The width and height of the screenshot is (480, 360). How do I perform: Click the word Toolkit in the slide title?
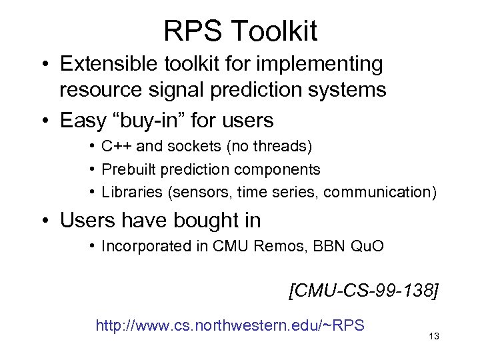276,31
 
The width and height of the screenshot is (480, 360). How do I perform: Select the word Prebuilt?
127,169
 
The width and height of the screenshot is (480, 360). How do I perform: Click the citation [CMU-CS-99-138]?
363,291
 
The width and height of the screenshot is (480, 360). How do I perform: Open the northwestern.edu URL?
230,325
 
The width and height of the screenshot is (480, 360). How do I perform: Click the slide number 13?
435,336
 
